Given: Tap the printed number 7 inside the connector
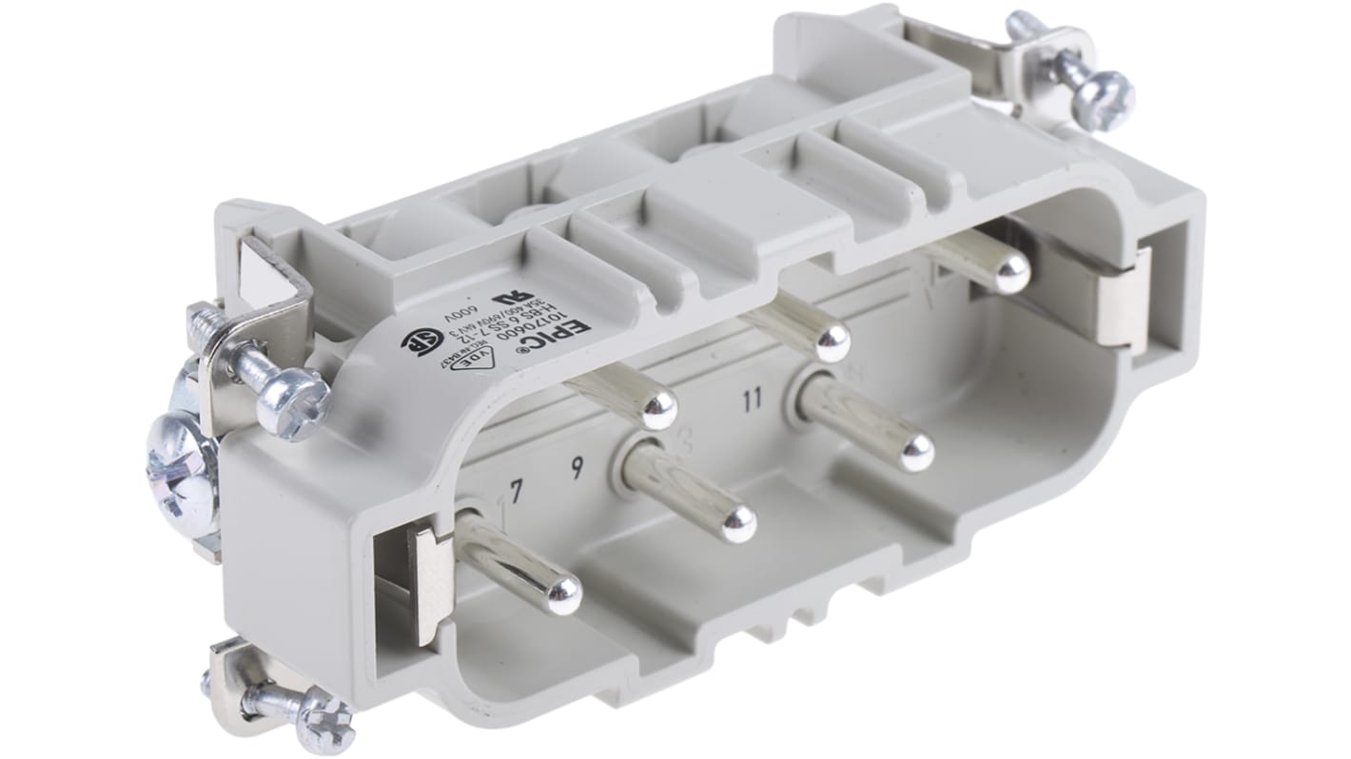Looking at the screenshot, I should [517, 492].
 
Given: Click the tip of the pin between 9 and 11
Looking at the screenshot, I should [738, 522].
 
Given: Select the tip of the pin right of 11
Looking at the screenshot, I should [916, 454].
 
